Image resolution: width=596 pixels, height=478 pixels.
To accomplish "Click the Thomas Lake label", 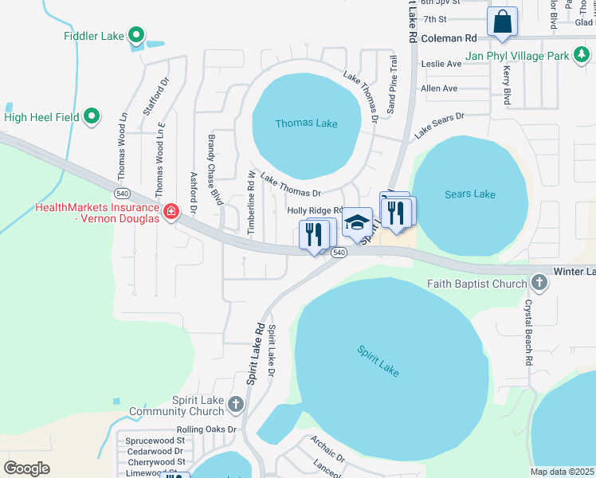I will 306,123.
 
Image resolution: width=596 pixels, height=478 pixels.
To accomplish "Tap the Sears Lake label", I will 470,194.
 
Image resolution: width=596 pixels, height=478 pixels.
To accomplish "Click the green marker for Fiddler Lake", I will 135,35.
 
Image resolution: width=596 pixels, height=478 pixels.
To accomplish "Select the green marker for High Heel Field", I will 92,116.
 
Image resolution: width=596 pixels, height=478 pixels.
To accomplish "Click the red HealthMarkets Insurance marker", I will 171,211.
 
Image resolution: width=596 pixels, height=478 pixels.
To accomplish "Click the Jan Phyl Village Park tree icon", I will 582,55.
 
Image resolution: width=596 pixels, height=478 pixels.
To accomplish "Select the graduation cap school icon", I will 358,221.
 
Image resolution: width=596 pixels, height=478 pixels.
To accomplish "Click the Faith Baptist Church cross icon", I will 539,283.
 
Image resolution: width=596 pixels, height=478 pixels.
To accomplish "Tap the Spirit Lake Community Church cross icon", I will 235,404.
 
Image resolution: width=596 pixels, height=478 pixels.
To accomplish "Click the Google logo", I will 26,468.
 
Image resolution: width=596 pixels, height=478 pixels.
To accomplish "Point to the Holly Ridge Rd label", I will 315,210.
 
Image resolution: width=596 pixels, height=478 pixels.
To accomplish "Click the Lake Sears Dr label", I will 438,127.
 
